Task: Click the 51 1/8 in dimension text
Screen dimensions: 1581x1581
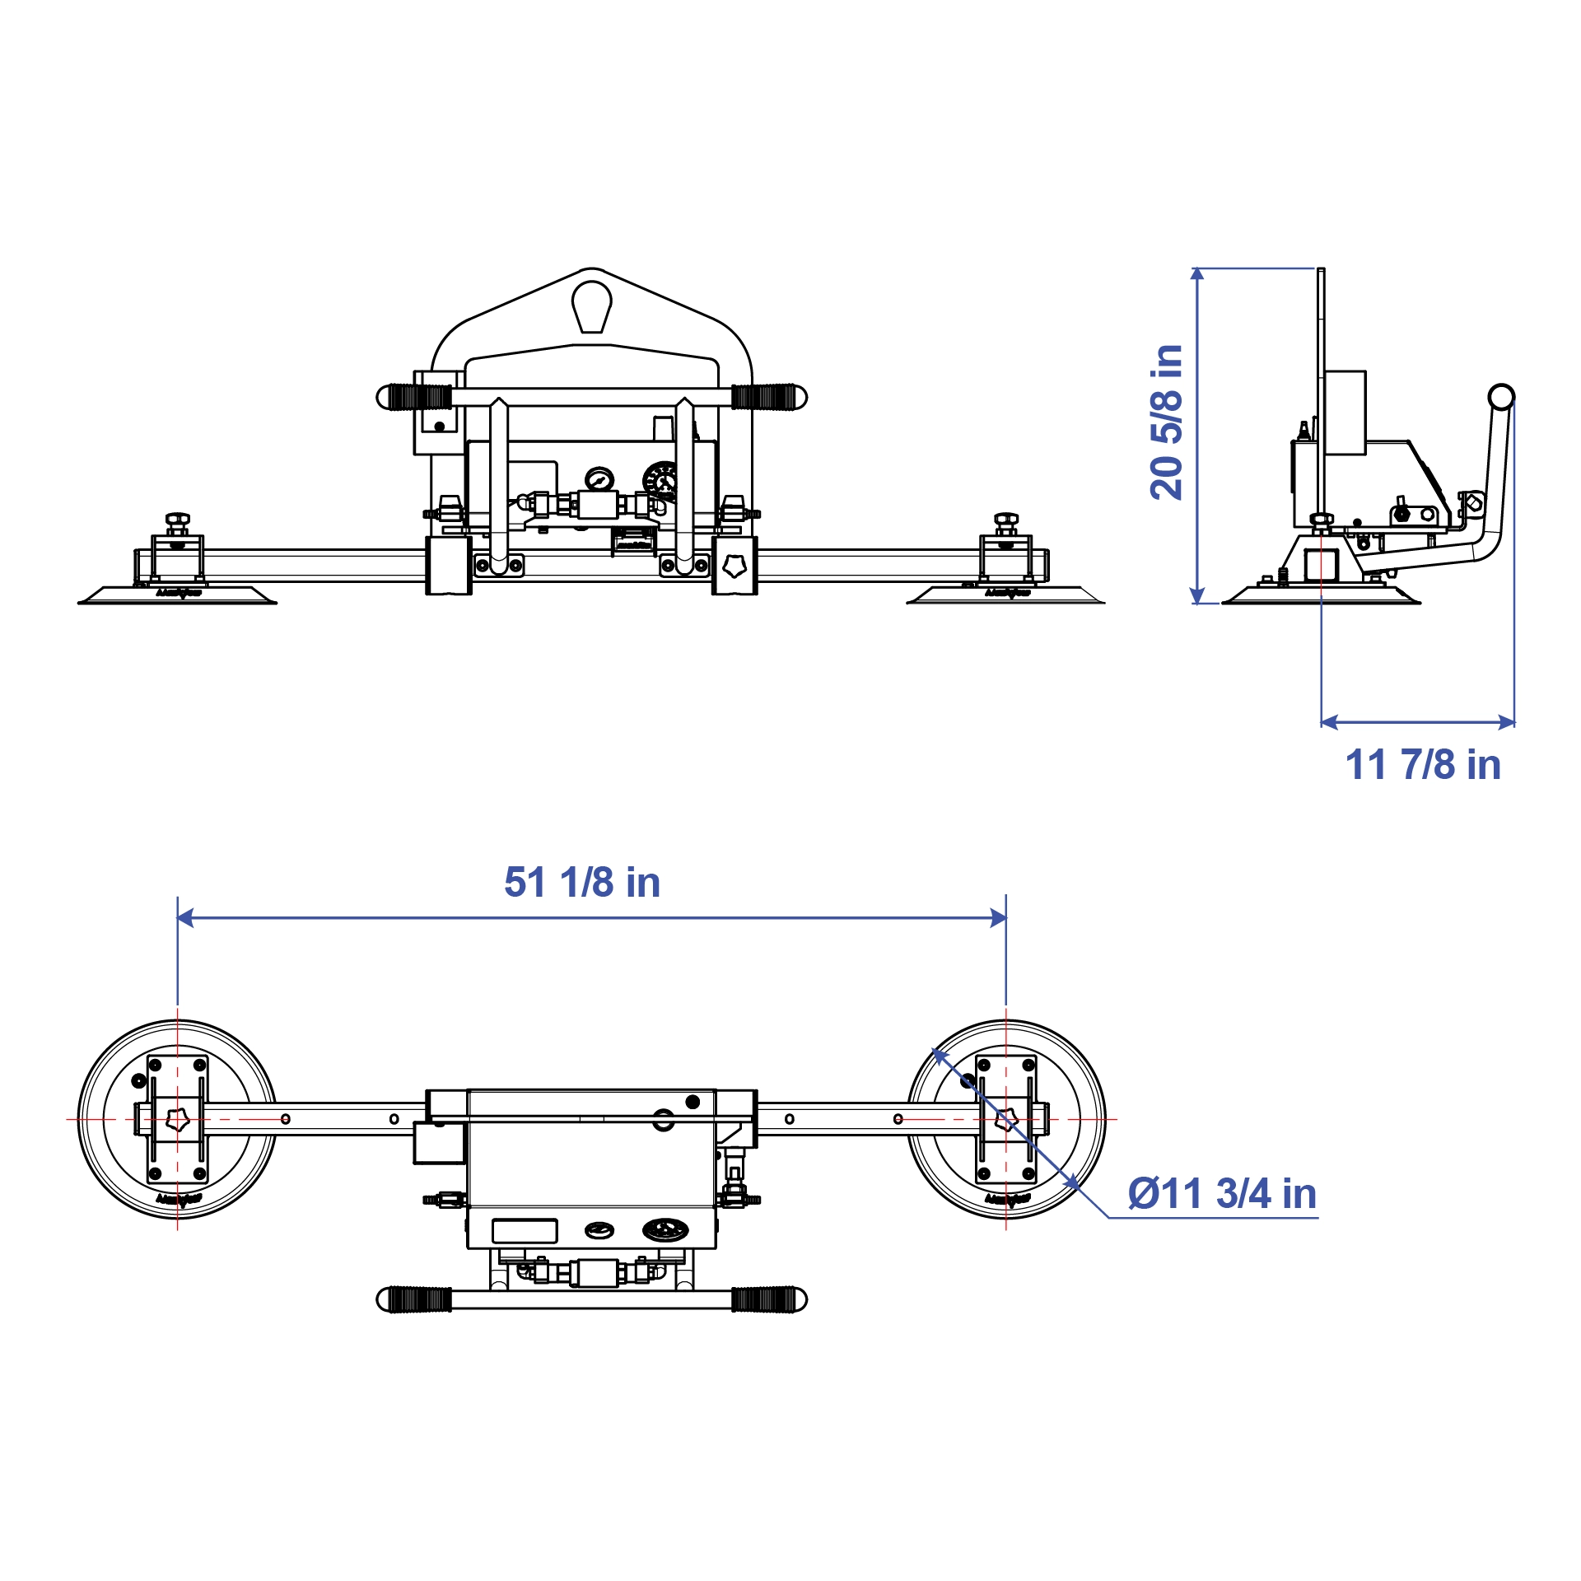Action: click(x=582, y=883)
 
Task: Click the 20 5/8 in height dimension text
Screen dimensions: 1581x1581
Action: click(x=1167, y=422)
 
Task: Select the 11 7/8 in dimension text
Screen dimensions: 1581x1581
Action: click(x=1423, y=765)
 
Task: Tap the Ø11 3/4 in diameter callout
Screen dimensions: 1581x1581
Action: click(x=1222, y=1194)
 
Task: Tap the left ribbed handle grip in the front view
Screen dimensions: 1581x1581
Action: click(x=419, y=397)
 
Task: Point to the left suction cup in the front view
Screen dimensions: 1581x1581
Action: click(x=178, y=595)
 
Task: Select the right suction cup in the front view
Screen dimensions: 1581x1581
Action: click(x=1006, y=595)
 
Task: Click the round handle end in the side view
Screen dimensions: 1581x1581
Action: click(x=1501, y=397)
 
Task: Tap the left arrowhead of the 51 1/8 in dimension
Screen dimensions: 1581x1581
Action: click(x=185, y=917)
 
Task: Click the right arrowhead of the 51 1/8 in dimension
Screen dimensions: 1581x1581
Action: click(x=998, y=917)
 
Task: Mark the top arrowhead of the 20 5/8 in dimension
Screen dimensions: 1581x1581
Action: click(x=1197, y=274)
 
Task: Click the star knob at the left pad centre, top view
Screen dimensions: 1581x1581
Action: click(x=178, y=1119)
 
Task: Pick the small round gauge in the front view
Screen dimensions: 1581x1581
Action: click(x=599, y=479)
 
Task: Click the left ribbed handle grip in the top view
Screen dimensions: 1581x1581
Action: click(x=419, y=1299)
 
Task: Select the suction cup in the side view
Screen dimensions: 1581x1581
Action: click(x=1321, y=595)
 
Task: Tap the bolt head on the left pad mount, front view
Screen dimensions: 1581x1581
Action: click(x=177, y=520)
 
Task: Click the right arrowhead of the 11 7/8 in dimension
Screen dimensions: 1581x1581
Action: click(x=1507, y=723)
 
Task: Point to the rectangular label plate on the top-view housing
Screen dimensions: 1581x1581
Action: click(x=525, y=1231)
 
